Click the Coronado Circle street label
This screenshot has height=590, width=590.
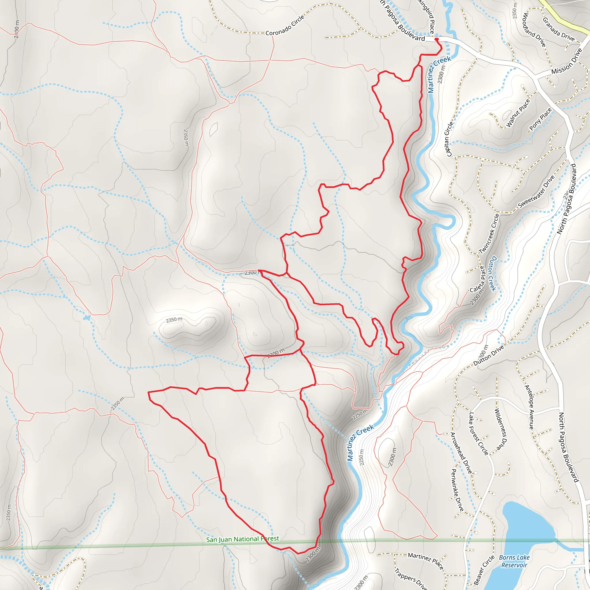click(x=285, y=26)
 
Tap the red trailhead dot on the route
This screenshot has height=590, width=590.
click(x=436, y=39)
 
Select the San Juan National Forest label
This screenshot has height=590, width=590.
click(x=243, y=539)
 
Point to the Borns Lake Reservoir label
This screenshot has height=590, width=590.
click(x=514, y=561)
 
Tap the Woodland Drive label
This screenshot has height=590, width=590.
click(x=534, y=30)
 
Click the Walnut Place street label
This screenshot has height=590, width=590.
click(x=518, y=113)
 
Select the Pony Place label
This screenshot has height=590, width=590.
click(x=540, y=119)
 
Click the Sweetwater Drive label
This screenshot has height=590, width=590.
click(x=536, y=192)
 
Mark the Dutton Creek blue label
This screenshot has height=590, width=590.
click(x=492, y=274)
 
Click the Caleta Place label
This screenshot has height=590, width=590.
click(x=477, y=279)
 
